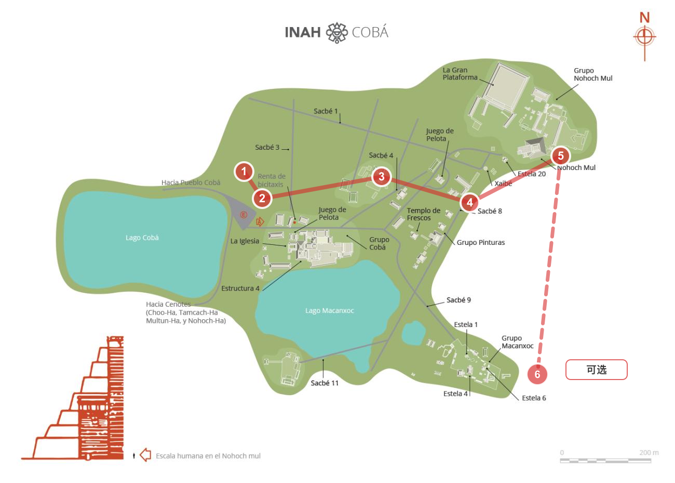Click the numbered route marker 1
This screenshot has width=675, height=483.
244,172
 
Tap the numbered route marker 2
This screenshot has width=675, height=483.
262,198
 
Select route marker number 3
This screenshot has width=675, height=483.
382,176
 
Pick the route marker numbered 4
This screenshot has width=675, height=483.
469,202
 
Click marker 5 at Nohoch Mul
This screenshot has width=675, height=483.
560,155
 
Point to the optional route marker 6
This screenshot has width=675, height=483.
537,374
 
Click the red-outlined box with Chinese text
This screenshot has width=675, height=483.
596,370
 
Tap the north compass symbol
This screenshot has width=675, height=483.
644,37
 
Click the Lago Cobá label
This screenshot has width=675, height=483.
142,238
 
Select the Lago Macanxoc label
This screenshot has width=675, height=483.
329,310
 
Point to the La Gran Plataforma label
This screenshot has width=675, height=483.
460,73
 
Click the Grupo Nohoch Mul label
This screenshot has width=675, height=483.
593,74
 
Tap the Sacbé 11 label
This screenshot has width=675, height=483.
325,383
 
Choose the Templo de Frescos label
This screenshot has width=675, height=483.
423,214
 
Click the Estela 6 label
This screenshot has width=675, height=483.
534,398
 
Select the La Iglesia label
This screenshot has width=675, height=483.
245,241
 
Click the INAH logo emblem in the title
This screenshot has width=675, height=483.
336,32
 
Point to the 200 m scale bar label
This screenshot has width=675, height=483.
649,452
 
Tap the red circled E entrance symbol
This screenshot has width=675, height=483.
244,215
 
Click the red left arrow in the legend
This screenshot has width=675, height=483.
145,455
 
